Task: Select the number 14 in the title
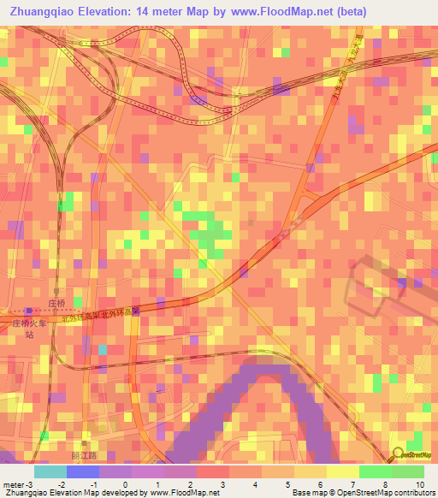145,12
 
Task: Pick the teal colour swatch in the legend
50,471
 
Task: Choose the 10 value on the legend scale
420,484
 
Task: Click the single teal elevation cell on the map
104,349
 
